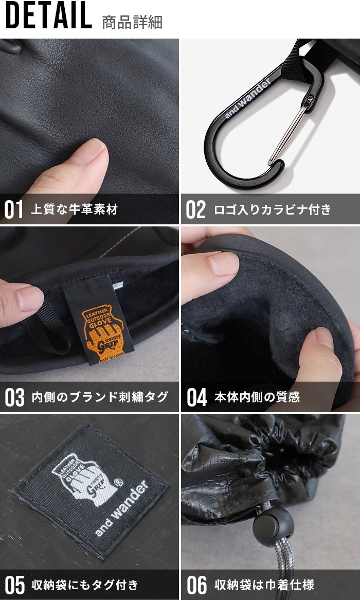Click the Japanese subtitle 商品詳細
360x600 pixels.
pyautogui.click(x=133, y=23)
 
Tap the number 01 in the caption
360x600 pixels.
pyautogui.click(x=14, y=209)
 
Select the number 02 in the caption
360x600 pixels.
pyautogui.click(x=195, y=209)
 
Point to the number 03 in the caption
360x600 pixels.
pyautogui.click(x=14, y=397)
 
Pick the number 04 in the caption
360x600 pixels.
pyautogui.click(x=196, y=397)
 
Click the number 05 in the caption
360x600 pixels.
pyautogui.click(x=14, y=585)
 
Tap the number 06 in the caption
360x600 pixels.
pyautogui.click(x=196, y=585)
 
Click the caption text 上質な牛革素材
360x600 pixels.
pyautogui.click(x=75, y=209)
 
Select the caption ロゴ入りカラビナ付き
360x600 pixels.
pyautogui.click(x=272, y=209)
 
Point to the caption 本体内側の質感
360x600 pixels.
pyautogui.click(x=257, y=397)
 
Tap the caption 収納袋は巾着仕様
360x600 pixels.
pyautogui.click(x=264, y=585)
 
